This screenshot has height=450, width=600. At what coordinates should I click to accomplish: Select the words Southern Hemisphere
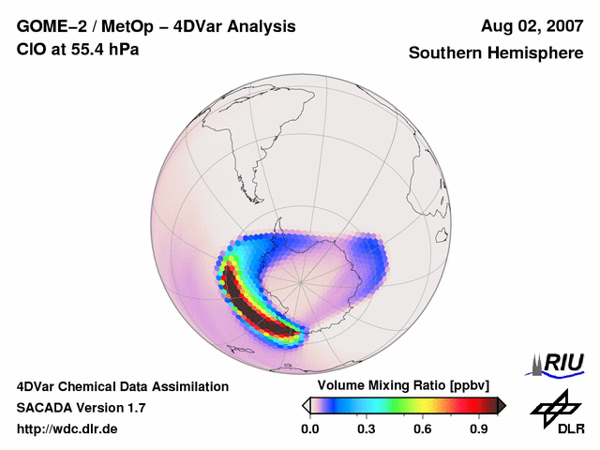[x=496, y=53]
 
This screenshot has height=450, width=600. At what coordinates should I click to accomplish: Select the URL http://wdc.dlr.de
[x=67, y=428]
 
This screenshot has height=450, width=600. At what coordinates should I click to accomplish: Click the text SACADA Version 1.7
[x=82, y=408]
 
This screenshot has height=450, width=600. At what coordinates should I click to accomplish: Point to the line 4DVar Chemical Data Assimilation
[x=123, y=386]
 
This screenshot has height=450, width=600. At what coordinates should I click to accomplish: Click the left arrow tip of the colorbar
[x=306, y=405]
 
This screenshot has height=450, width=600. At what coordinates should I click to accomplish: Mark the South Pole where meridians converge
[x=302, y=279]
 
